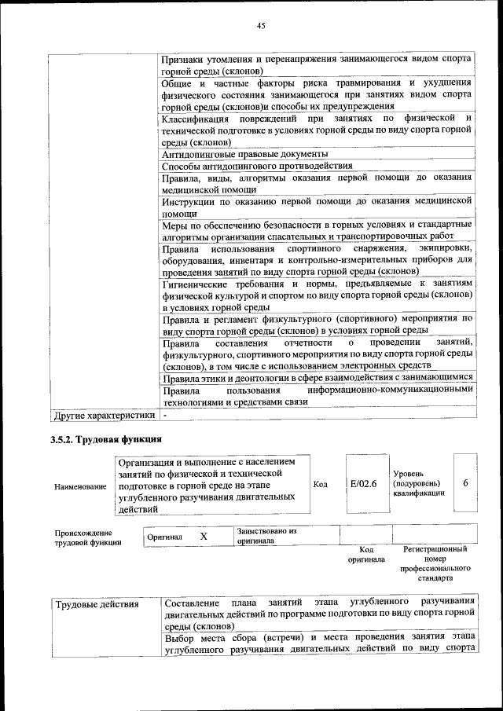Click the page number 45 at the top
click(x=261, y=26)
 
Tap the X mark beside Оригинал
click(x=204, y=536)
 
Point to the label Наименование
click(x=80, y=487)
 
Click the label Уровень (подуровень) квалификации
click(x=419, y=483)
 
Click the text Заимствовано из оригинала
click(x=266, y=536)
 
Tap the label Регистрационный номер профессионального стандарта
click(x=435, y=563)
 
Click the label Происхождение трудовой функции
click(x=88, y=537)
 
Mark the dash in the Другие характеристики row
click(x=165, y=413)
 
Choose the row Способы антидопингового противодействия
click(x=256, y=166)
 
